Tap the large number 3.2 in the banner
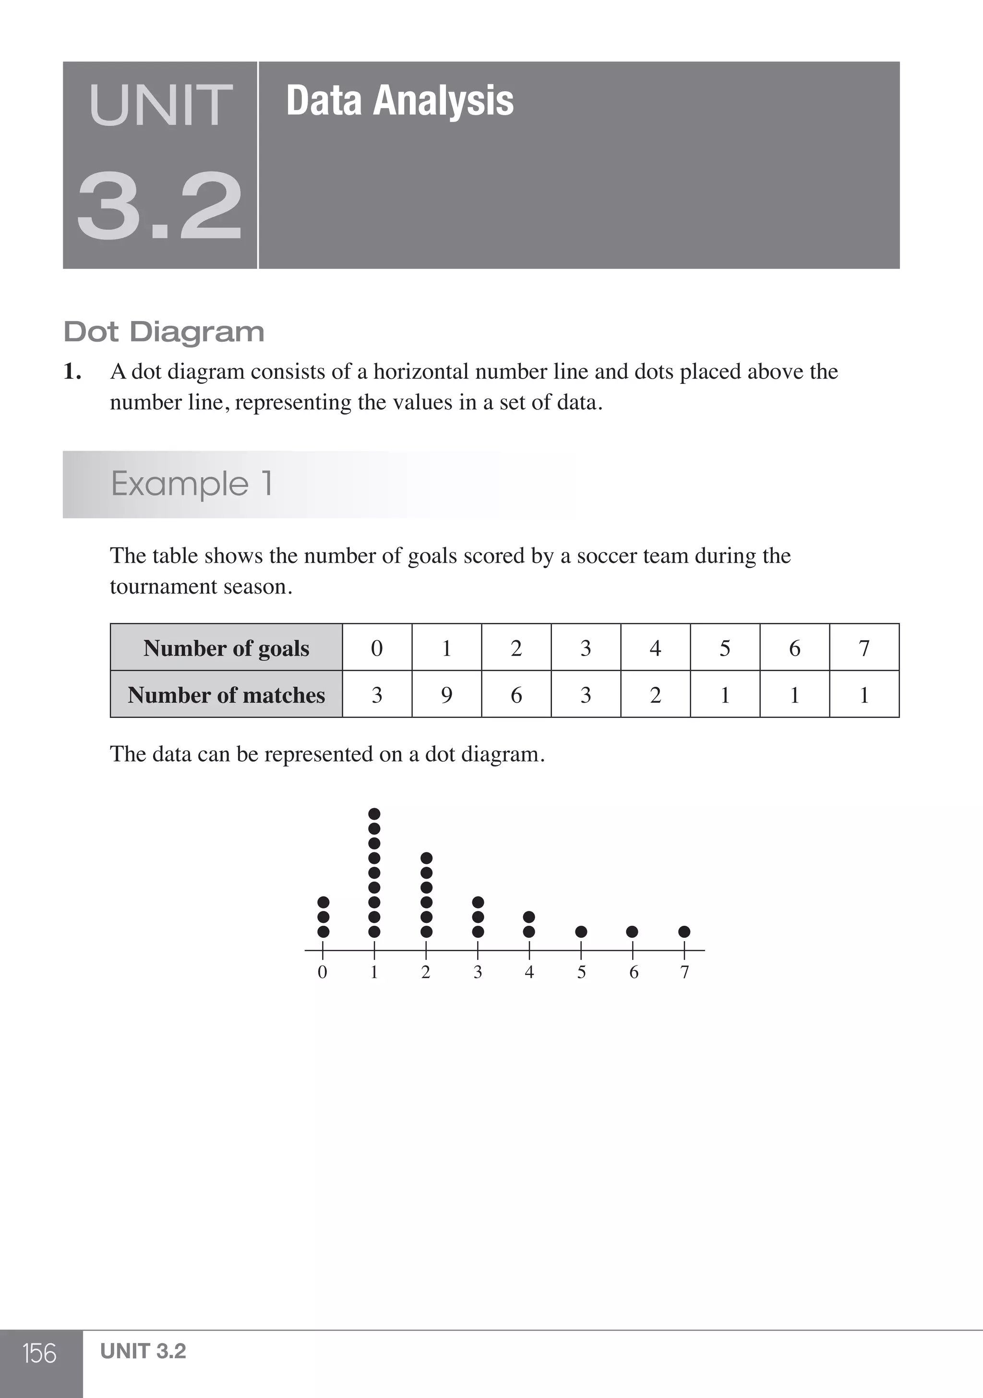159,206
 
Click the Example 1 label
191,484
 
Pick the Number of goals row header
226,648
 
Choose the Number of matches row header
226,695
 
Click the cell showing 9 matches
446,695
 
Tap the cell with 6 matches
516,695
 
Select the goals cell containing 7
863,648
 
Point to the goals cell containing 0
377,648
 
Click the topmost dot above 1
374,813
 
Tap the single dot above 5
581,932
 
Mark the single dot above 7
684,932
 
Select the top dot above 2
426,858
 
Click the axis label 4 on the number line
529,972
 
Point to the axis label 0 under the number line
323,972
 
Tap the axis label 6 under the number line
634,972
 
